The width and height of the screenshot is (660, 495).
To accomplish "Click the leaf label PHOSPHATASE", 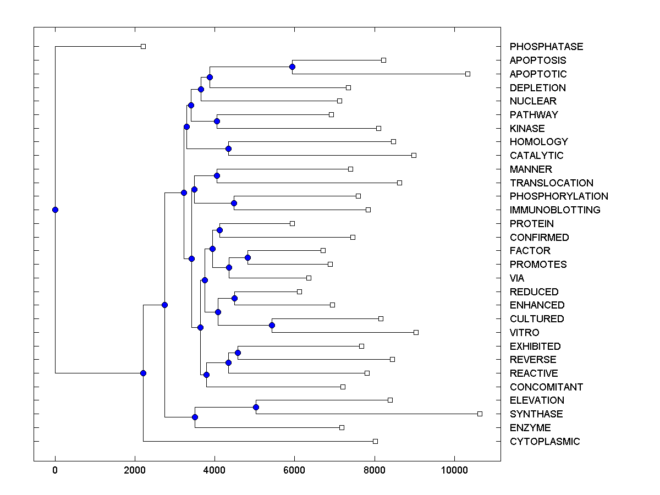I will tap(546, 47).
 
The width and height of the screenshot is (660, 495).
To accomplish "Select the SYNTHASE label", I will tap(536, 414).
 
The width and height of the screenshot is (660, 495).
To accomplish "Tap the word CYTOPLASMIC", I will tap(544, 442).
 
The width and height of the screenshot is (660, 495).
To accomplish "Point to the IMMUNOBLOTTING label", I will tap(555, 210).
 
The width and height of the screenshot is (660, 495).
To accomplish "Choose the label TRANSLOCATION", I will tap(552, 183).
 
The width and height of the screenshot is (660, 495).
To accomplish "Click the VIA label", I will tap(517, 278).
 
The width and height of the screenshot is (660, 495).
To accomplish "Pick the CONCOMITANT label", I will tap(546, 387).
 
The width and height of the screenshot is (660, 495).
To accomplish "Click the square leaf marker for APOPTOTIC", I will tap(468, 74).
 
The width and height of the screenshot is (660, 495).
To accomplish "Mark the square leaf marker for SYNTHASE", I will tap(480, 414).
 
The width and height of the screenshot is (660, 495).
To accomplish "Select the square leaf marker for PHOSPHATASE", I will tap(143, 46).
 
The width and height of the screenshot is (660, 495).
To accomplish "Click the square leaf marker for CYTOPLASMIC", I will tap(375, 441).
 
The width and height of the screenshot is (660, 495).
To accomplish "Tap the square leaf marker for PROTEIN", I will tap(292, 223).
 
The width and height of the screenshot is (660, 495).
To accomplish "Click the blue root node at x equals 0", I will tap(55, 210).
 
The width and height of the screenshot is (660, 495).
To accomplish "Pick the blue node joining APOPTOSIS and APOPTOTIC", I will tap(292, 67).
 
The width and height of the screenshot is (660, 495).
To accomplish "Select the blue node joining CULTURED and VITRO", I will tap(272, 325).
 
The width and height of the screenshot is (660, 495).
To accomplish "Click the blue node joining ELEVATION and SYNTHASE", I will tap(256, 407).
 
